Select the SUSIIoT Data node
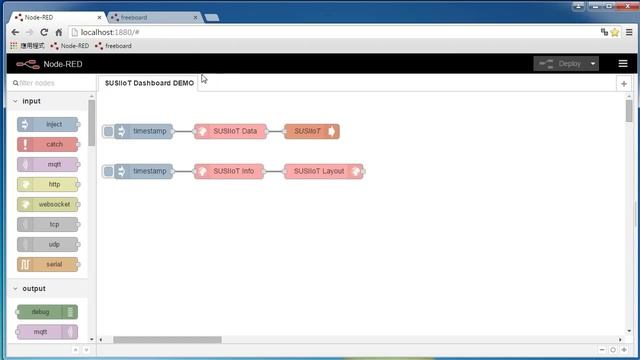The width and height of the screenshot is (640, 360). [x=235, y=131]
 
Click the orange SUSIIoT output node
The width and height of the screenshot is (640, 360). [x=312, y=131]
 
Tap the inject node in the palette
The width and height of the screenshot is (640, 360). [x=48, y=125]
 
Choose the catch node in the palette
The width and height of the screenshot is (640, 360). [x=48, y=145]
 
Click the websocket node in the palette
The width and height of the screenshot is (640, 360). [x=48, y=204]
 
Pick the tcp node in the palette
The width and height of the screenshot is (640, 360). [x=48, y=224]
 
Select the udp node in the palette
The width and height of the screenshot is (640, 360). [x=48, y=244]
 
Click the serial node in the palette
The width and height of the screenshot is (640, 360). [x=48, y=264]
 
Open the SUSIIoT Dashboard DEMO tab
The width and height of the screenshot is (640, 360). [x=149, y=83]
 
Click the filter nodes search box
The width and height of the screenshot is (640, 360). [x=50, y=83]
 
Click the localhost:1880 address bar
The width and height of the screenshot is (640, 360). [x=300, y=32]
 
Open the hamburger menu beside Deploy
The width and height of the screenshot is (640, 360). [x=623, y=63]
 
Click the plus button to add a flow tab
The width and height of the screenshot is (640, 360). [x=624, y=84]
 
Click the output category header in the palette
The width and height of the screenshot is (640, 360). [x=34, y=289]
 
